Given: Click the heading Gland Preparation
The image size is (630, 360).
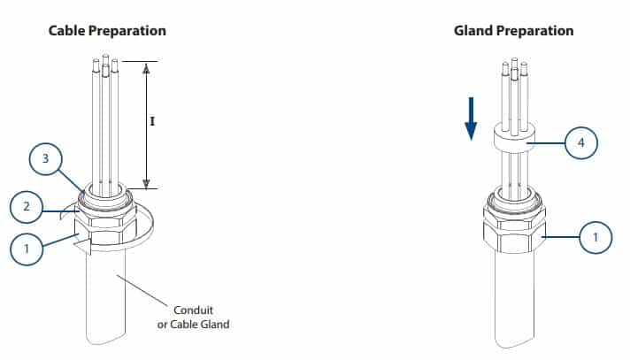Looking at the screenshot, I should [x=513, y=31].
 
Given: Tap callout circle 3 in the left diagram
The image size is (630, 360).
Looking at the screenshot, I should [x=46, y=161].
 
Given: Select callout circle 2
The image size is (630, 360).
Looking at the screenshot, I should [x=27, y=208].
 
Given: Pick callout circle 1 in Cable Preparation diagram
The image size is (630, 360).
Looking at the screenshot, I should [x=27, y=249].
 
